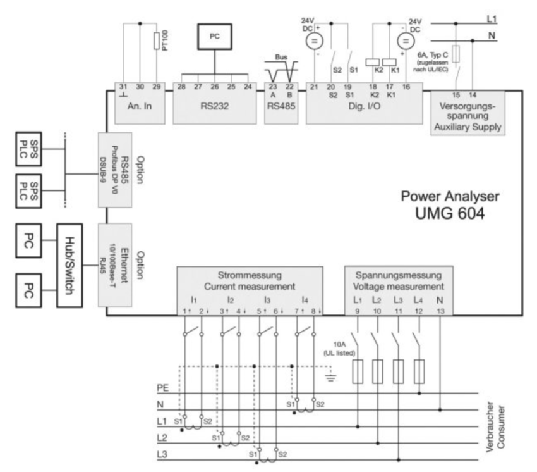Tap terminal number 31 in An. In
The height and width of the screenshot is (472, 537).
(123, 86)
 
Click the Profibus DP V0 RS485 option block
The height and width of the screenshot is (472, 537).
(115, 170)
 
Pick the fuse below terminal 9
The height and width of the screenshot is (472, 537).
(357, 372)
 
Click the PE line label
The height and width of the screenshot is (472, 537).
(162, 387)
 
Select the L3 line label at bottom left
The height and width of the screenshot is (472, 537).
(162, 454)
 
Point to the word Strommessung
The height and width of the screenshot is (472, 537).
(250, 275)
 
